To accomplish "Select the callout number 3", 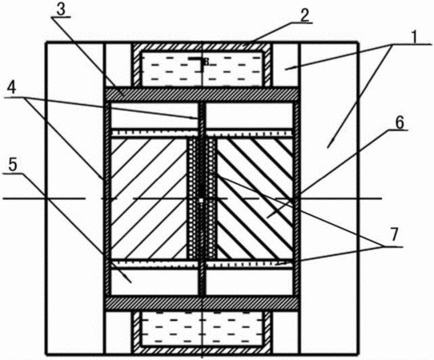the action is coord(61,10).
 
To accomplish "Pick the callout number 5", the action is coord(13,165).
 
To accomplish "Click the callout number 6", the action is coord(400,122).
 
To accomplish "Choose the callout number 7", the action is coord(394,234).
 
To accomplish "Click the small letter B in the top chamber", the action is coord(207,62).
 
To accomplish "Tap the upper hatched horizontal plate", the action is coord(201,94).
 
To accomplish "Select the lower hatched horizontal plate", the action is coord(201,303).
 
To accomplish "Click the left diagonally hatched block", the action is coord(148,198).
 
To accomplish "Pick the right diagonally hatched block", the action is coord(255,198).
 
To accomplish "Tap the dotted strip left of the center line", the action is coord(193,198).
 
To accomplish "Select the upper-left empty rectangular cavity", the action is coord(154,116).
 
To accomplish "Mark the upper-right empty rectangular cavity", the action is coord(249,116).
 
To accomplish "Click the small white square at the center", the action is coord(201,200).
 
